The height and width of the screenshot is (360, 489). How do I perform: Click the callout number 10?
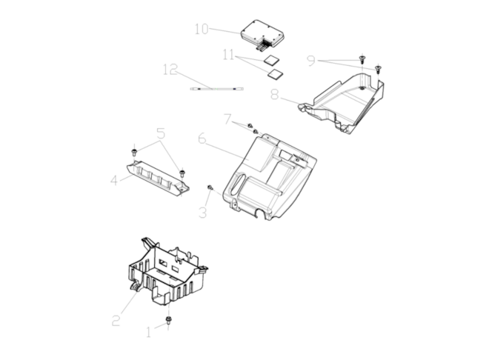click(x=202, y=29)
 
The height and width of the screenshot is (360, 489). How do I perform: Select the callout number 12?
click(x=170, y=70)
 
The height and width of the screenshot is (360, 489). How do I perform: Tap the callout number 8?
click(x=274, y=94)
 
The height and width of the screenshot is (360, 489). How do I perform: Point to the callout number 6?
click(x=202, y=139)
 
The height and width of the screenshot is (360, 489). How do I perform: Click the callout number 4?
click(x=114, y=180)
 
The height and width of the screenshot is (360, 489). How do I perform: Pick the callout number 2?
click(x=116, y=321)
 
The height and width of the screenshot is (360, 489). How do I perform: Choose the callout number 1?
click(x=148, y=333)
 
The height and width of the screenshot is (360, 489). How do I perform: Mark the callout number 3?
click(x=203, y=213)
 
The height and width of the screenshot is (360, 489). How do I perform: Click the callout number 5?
click(x=161, y=133)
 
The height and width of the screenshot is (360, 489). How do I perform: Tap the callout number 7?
click(x=228, y=119)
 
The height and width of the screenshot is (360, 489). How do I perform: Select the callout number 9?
click(x=311, y=61)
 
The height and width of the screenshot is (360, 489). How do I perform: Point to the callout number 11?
click(x=228, y=55)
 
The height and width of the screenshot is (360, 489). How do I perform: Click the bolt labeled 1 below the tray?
click(x=168, y=320)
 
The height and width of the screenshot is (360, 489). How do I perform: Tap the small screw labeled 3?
click(x=210, y=187)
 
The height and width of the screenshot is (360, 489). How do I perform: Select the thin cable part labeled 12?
click(x=217, y=89)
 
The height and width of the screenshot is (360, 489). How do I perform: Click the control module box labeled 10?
click(x=262, y=35)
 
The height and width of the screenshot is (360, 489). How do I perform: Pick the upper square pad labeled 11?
click(x=271, y=59)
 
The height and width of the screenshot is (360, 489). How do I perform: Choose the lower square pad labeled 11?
click(x=276, y=73)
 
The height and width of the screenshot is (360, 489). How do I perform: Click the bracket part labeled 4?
click(x=158, y=179)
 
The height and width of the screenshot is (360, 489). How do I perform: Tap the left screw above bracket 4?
click(x=134, y=152)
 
